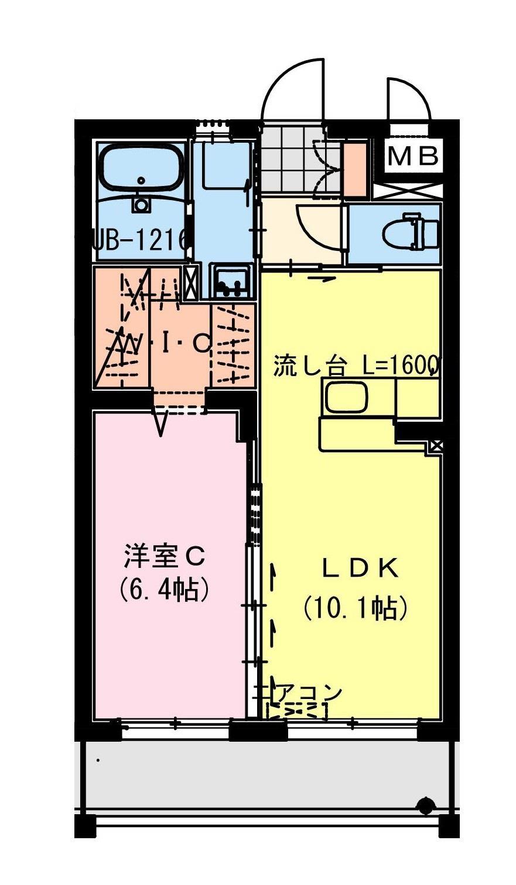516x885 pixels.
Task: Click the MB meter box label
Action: (413, 156)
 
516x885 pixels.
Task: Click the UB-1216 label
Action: (141, 239)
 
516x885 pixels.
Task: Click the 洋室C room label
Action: (163, 557)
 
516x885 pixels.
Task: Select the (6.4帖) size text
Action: (163, 591)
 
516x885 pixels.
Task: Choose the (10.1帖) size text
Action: (354, 609)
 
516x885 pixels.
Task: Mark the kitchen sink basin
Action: (346, 397)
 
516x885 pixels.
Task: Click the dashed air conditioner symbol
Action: (296, 711)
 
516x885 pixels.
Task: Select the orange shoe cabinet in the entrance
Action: (354, 168)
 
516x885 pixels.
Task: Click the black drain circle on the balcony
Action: (425, 806)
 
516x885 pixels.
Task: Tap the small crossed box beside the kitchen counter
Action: (435, 446)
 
